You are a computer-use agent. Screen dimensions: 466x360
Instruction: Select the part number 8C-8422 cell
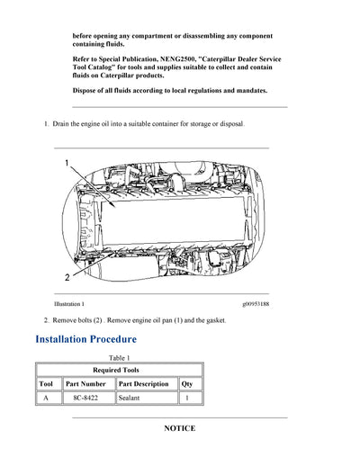88,397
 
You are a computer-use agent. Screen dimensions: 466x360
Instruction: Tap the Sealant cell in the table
132,397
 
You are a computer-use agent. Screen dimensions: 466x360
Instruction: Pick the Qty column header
186,383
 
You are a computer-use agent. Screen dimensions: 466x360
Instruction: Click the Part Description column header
144,383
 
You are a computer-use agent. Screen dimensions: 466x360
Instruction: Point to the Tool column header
46,383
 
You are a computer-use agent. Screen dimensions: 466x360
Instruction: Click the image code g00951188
255,304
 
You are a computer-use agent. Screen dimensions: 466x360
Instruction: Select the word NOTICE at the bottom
179,428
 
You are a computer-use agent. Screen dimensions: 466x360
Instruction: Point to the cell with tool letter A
46,397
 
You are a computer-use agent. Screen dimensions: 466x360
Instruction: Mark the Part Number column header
88,383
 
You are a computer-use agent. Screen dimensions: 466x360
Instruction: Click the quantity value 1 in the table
186,397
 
